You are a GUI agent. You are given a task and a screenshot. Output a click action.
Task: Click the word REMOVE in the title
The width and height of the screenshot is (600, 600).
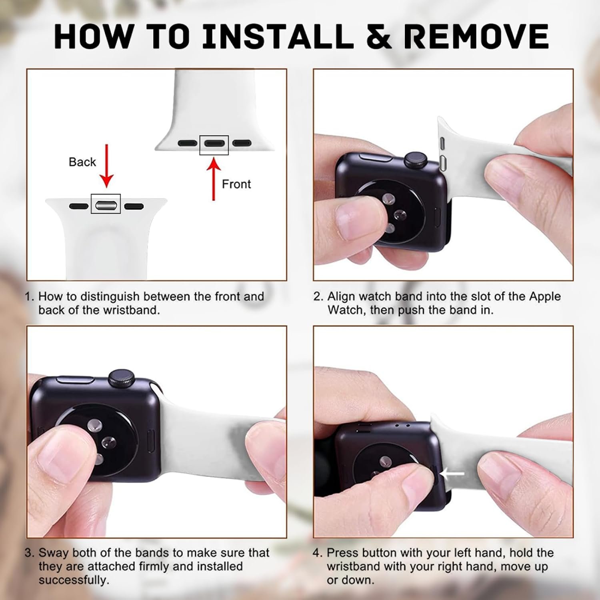pos(476,36)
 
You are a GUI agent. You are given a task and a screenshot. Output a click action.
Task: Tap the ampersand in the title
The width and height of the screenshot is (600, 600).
pos(378,36)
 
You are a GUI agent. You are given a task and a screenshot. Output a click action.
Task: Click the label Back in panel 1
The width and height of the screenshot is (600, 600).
pos(82,162)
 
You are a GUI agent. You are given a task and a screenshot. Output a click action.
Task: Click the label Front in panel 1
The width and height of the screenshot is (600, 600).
pos(236,184)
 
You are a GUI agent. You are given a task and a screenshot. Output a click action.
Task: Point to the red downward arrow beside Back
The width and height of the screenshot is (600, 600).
pos(106,166)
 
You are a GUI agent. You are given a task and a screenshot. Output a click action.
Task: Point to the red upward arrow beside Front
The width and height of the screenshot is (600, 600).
pos(214,179)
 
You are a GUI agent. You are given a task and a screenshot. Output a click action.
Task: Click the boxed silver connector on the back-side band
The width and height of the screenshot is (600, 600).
pos(106,206)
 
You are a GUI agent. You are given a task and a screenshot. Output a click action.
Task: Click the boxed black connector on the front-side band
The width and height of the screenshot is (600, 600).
pos(214,143)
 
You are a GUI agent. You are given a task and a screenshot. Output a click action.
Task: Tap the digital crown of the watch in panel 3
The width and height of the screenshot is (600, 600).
pos(121,378)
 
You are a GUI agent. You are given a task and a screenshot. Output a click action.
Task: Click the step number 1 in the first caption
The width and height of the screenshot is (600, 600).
pos(29,296)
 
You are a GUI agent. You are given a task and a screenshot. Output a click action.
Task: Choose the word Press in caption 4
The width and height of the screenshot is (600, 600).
pos(342,553)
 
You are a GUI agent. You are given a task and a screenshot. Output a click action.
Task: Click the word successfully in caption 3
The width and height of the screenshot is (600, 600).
pos(74,580)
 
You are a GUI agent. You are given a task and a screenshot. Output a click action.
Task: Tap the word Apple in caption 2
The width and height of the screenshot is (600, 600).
pos(545,296)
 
